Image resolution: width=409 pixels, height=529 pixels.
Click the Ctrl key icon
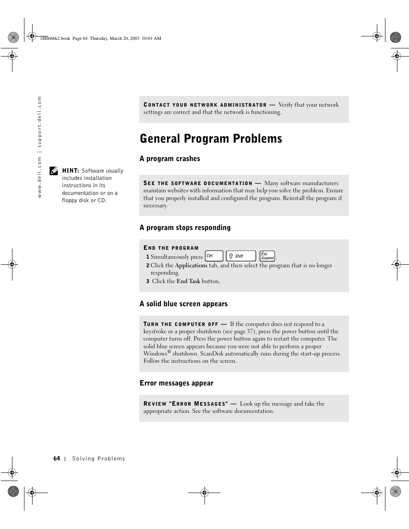[x=214, y=256]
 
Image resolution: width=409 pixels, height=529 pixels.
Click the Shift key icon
[x=241, y=256]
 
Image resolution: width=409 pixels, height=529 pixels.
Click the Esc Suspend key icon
[x=268, y=256]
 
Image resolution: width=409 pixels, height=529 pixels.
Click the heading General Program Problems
[x=211, y=139]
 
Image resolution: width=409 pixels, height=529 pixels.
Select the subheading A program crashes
[x=170, y=159]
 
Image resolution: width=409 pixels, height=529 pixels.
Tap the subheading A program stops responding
[x=185, y=228]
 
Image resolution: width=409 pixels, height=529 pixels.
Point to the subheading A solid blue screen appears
[x=183, y=304]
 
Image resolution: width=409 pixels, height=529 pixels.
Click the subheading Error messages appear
[x=176, y=383]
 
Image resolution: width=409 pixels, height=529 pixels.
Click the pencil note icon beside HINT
[x=54, y=171]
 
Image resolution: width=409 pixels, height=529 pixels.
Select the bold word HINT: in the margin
[x=71, y=171]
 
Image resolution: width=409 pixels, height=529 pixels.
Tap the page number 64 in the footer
[x=57, y=459]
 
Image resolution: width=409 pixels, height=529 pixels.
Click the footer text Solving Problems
[x=99, y=459]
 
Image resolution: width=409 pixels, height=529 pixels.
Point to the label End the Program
[x=171, y=248]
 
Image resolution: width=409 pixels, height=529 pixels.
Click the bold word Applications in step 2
[x=191, y=266]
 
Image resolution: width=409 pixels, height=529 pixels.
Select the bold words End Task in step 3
[x=188, y=281]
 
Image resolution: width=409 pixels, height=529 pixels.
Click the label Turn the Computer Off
[x=180, y=324]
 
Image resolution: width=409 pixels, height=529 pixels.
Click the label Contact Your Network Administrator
[x=205, y=105]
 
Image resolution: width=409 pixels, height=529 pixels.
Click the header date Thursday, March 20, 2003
[x=114, y=39]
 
